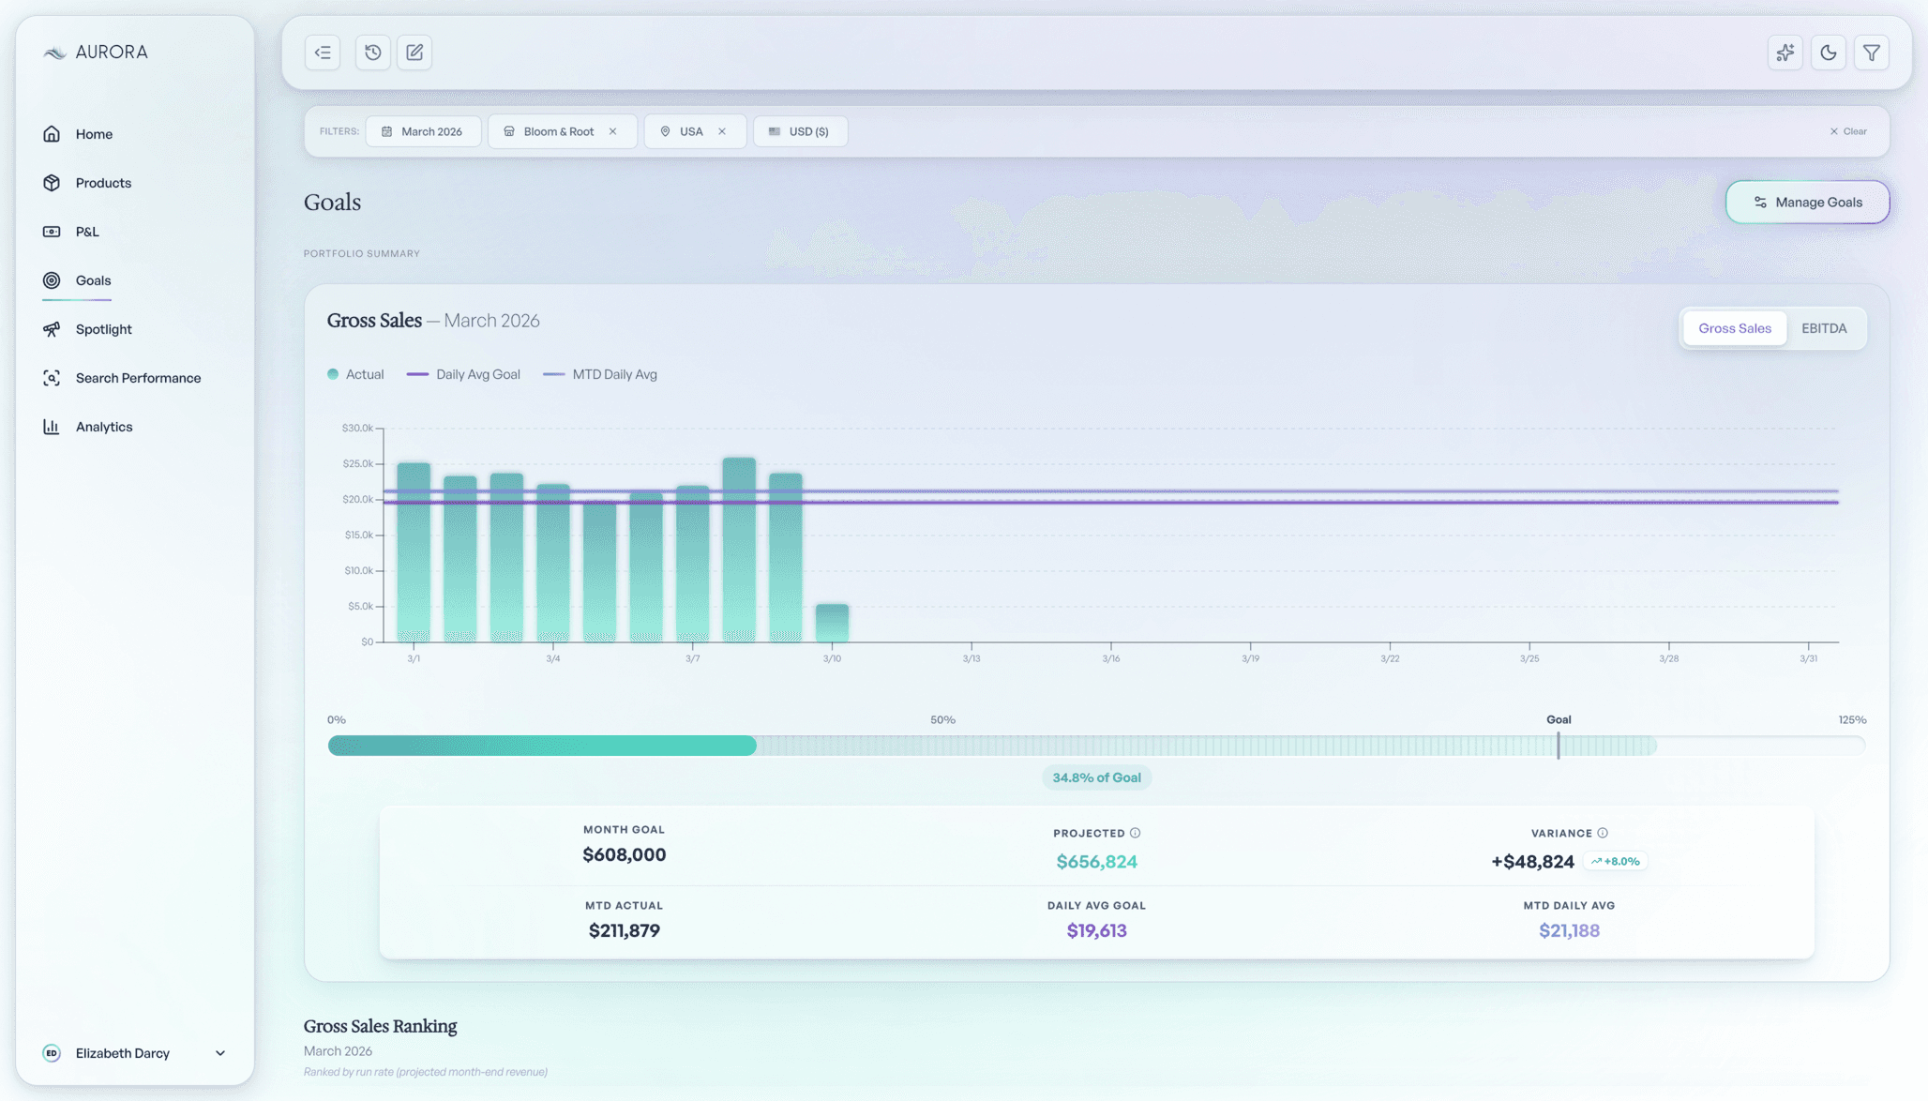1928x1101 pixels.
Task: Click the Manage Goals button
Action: coord(1807,202)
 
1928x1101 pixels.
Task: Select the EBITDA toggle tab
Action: coord(1824,328)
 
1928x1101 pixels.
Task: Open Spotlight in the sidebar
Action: coord(103,329)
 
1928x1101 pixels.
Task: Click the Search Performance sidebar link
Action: coord(138,378)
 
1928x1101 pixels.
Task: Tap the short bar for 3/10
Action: coord(832,623)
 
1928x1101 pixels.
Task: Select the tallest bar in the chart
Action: coord(739,549)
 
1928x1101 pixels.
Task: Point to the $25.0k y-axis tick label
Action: coord(357,463)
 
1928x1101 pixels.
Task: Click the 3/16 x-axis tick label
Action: coord(1110,658)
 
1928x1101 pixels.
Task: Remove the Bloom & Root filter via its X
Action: coord(613,131)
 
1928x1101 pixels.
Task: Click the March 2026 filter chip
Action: coord(423,131)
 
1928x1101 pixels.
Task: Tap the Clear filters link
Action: coord(1848,131)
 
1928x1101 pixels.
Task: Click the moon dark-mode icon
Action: coord(1828,53)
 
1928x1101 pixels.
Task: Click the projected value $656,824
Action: coord(1096,862)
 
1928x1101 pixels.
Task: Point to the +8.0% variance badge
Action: coord(1615,861)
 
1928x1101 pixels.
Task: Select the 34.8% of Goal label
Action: coord(1096,777)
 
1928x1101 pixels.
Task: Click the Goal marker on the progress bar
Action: coord(1558,745)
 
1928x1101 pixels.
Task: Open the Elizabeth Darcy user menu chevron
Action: coord(220,1053)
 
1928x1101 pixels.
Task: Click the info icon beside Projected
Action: coord(1135,833)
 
